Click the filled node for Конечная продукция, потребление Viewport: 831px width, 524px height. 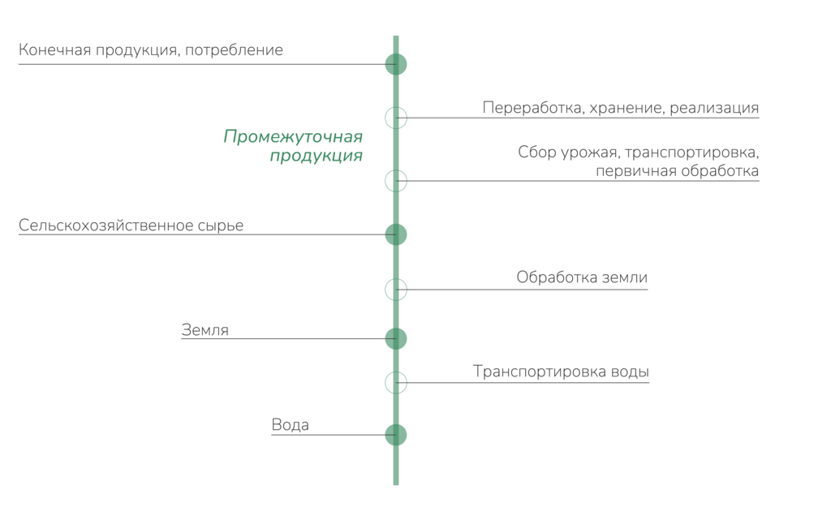(396, 63)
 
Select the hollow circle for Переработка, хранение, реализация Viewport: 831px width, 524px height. (396, 118)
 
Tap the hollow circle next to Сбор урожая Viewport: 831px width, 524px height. (396, 180)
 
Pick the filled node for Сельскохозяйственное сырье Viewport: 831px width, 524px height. (396, 234)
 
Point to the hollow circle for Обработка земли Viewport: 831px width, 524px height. (396, 289)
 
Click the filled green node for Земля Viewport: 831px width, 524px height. (396, 337)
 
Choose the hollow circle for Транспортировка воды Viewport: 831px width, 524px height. (396, 381)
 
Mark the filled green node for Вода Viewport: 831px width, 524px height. (396, 435)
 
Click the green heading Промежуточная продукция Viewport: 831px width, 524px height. (293, 147)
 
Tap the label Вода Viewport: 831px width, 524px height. (290, 425)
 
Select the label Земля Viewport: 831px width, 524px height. (205, 329)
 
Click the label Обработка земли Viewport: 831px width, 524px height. (582, 277)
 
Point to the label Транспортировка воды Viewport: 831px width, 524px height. (561, 372)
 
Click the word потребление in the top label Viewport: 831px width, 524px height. (235, 50)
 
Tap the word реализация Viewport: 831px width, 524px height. (715, 107)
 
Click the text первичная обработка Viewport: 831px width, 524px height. (677, 171)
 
